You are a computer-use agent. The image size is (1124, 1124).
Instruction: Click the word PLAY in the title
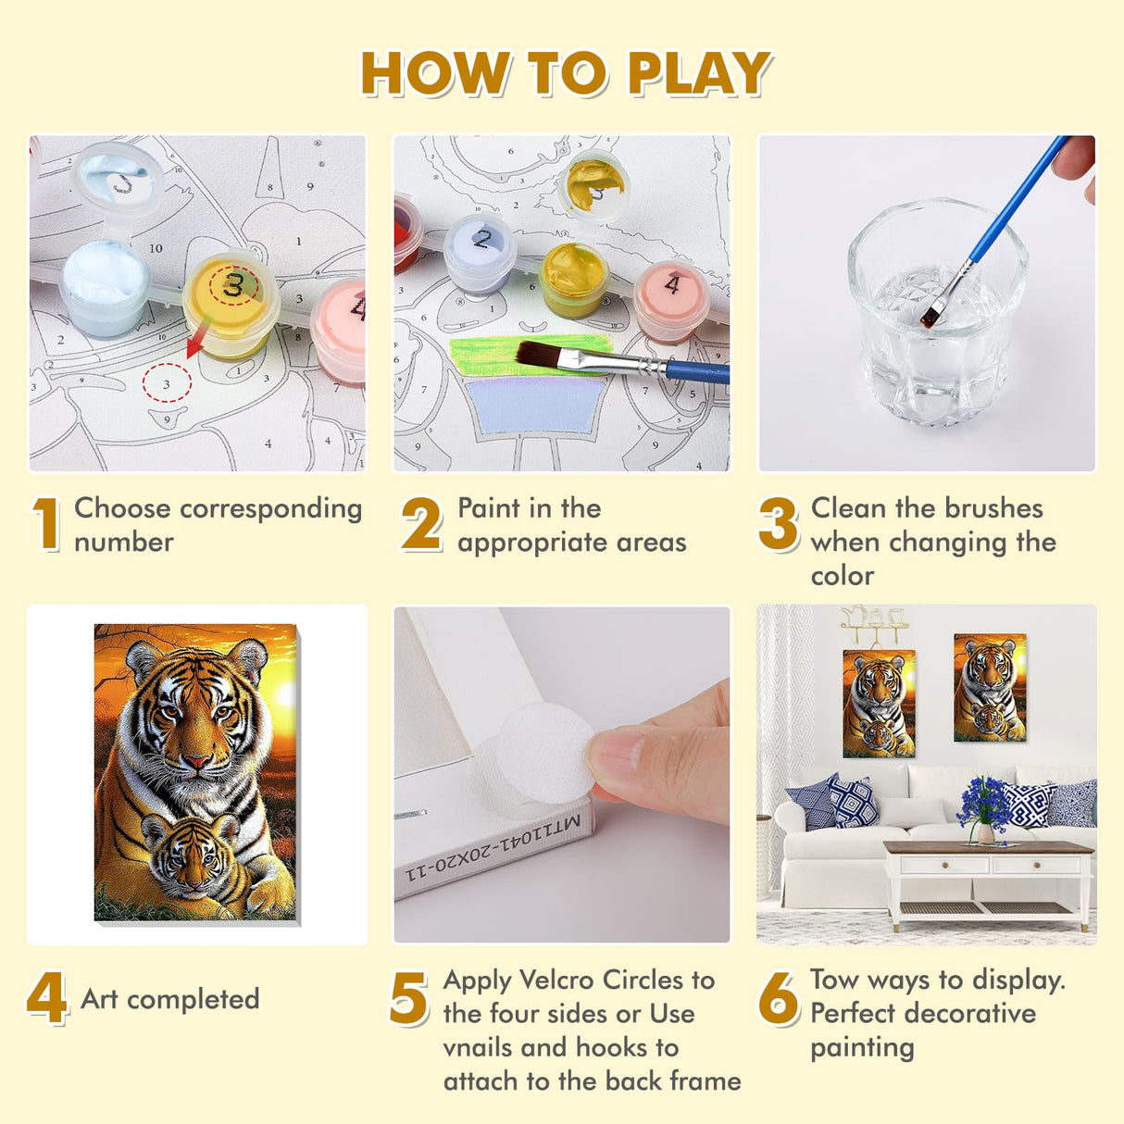click(x=699, y=74)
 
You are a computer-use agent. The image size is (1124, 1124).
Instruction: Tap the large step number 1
click(x=46, y=523)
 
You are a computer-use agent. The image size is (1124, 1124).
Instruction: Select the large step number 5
click(x=408, y=999)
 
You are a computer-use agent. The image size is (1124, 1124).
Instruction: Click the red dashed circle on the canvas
click(x=167, y=382)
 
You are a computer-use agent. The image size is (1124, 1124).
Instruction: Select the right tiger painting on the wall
click(x=990, y=687)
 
